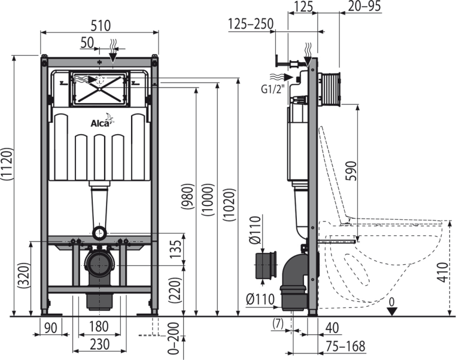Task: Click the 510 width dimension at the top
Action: pos(100,27)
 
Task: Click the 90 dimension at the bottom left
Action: pos(51,327)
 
